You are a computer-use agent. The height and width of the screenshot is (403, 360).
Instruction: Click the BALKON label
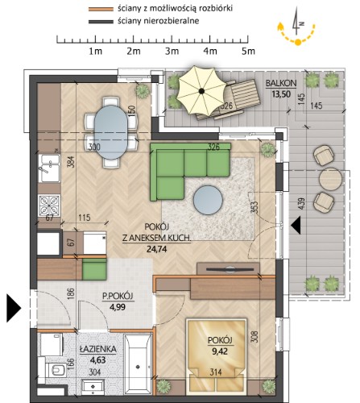281,84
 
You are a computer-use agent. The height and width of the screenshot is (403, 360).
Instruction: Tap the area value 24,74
157,249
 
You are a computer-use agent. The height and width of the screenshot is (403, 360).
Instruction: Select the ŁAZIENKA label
98,349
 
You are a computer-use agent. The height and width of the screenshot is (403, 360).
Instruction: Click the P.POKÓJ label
118,297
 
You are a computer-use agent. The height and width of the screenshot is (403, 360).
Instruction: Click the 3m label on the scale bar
172,51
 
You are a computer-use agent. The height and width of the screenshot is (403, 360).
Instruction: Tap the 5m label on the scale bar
248,51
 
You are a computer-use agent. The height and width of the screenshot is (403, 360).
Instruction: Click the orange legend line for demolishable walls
101,9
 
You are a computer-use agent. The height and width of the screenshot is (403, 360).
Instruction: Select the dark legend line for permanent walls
101,22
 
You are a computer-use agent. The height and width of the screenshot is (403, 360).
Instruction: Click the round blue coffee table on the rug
208,200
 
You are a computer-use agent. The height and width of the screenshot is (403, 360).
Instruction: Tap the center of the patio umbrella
201,91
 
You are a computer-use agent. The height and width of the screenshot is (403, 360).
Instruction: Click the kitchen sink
49,168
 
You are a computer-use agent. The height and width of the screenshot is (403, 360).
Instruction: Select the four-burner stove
49,206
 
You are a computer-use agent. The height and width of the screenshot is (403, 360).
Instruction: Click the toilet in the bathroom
56,371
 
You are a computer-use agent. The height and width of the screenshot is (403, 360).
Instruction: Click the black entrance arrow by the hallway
14,308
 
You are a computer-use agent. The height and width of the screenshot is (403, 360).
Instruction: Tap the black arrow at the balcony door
296,226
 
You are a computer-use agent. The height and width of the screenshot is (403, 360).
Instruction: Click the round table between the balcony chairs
330,179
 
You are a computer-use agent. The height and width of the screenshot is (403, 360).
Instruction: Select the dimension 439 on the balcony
301,205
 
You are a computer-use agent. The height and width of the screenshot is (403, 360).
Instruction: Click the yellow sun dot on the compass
298,42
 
